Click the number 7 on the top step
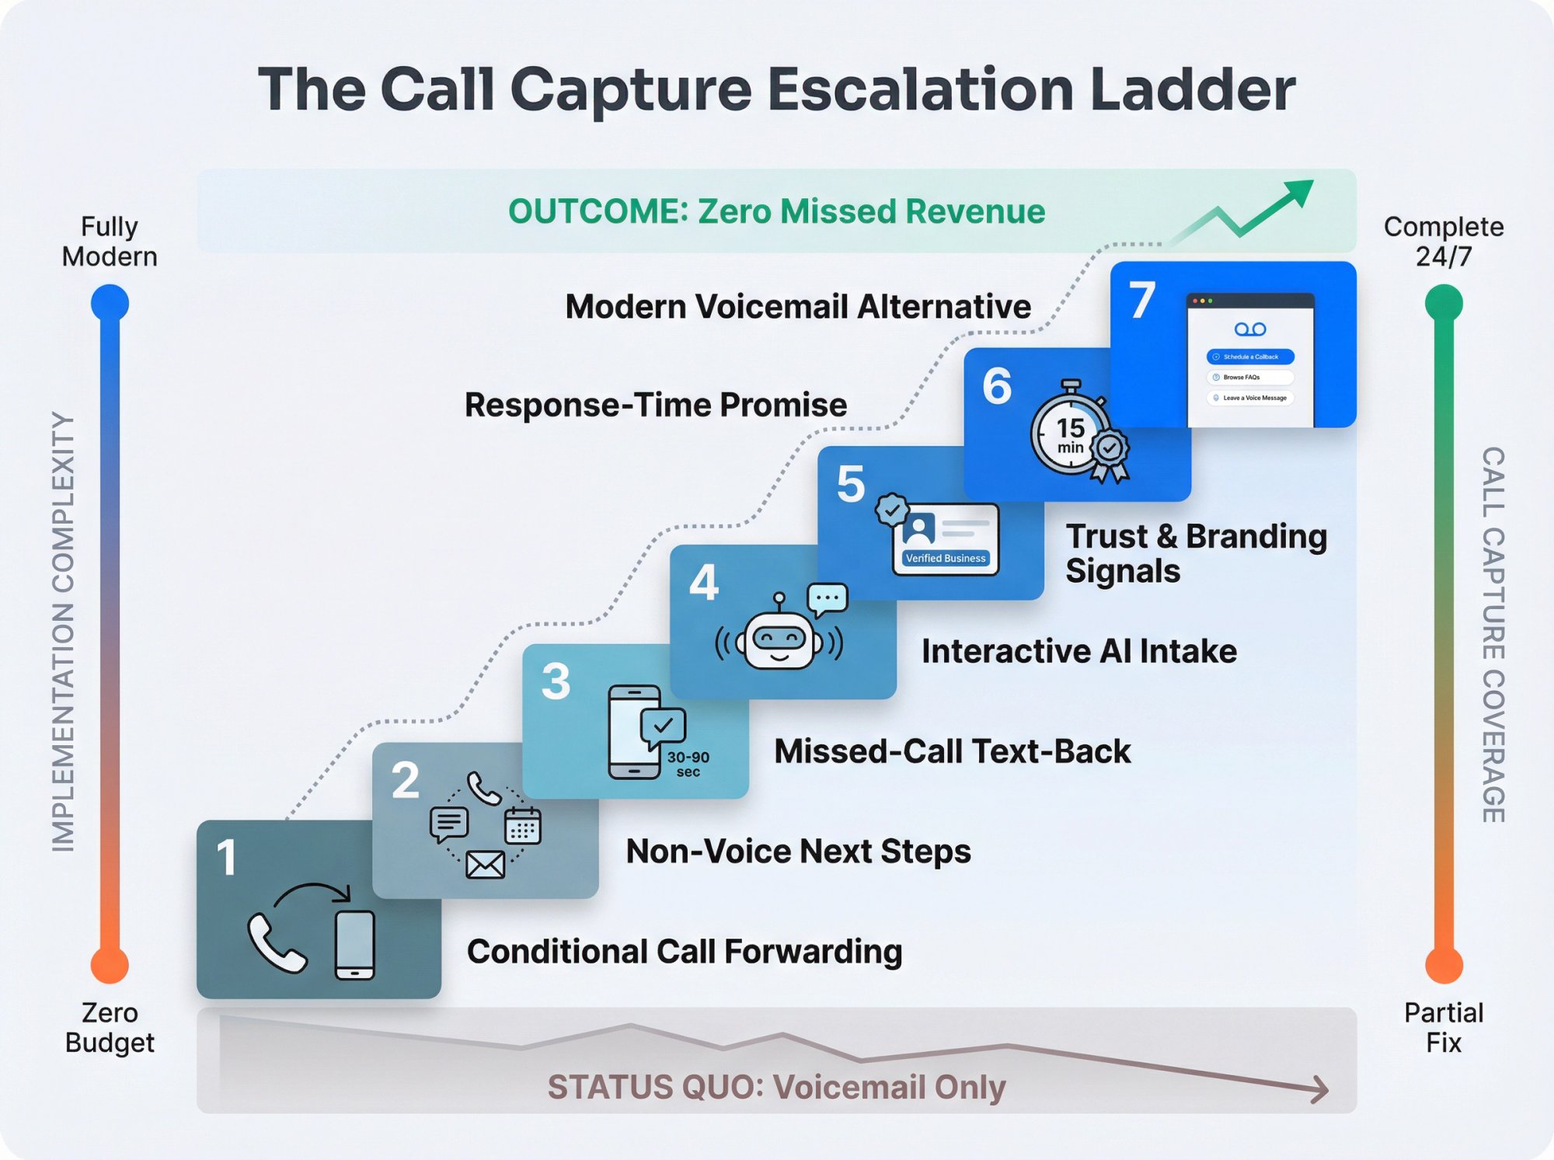pyautogui.click(x=1141, y=301)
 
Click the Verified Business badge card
pyautogui.click(x=945, y=538)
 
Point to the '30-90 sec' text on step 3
pyautogui.click(x=688, y=764)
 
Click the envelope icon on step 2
pyautogui.click(x=485, y=864)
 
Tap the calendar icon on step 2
pyautogui.click(x=522, y=826)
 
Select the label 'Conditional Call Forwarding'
pyautogui.click(x=684, y=952)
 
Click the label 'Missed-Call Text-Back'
pyautogui.click(x=952, y=751)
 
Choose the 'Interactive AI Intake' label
pyautogui.click(x=1078, y=651)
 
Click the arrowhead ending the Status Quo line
pyautogui.click(x=1321, y=1089)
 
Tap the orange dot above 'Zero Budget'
pyautogui.click(x=110, y=966)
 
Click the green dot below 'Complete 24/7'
pyautogui.click(x=1443, y=302)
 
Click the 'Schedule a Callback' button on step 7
pyautogui.click(x=1249, y=357)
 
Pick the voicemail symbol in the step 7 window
pyautogui.click(x=1249, y=329)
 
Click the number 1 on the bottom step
pyautogui.click(x=226, y=858)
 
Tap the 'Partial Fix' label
pyautogui.click(x=1443, y=1027)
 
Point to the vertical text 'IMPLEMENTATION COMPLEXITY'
pyautogui.click(x=63, y=631)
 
